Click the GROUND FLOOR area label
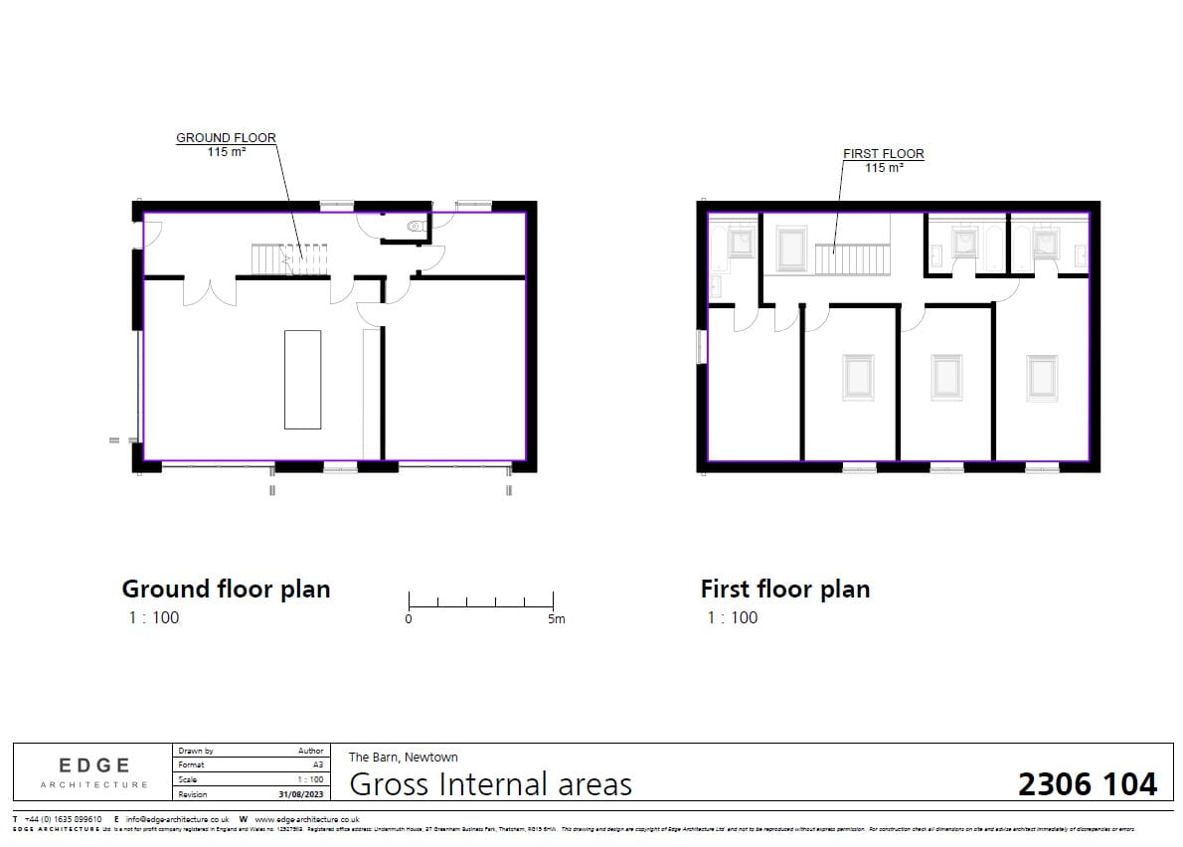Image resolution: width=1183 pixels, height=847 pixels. [226, 145]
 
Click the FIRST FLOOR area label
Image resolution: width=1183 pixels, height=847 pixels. [883, 161]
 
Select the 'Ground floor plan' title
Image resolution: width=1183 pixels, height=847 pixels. [226, 589]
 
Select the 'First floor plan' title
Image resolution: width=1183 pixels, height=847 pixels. [784, 589]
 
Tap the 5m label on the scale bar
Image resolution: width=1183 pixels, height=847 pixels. [556, 619]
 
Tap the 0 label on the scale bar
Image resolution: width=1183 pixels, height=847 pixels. [409, 619]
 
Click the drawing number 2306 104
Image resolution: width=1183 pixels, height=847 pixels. [1088, 784]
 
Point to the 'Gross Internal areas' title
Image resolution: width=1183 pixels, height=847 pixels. [491, 784]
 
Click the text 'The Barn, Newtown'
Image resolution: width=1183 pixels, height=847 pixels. [403, 758]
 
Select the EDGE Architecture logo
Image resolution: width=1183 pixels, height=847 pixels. [94, 771]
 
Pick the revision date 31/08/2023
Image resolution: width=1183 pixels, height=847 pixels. [302, 794]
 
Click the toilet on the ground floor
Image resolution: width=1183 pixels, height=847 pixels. [416, 227]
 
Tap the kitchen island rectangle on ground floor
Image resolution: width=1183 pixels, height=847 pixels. [302, 379]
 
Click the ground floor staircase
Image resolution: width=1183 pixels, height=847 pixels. [288, 260]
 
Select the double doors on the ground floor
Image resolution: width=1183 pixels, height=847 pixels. [209, 291]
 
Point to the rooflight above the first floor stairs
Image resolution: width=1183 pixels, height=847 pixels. [791, 250]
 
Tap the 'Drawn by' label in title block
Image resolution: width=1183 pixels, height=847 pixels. [196, 751]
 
